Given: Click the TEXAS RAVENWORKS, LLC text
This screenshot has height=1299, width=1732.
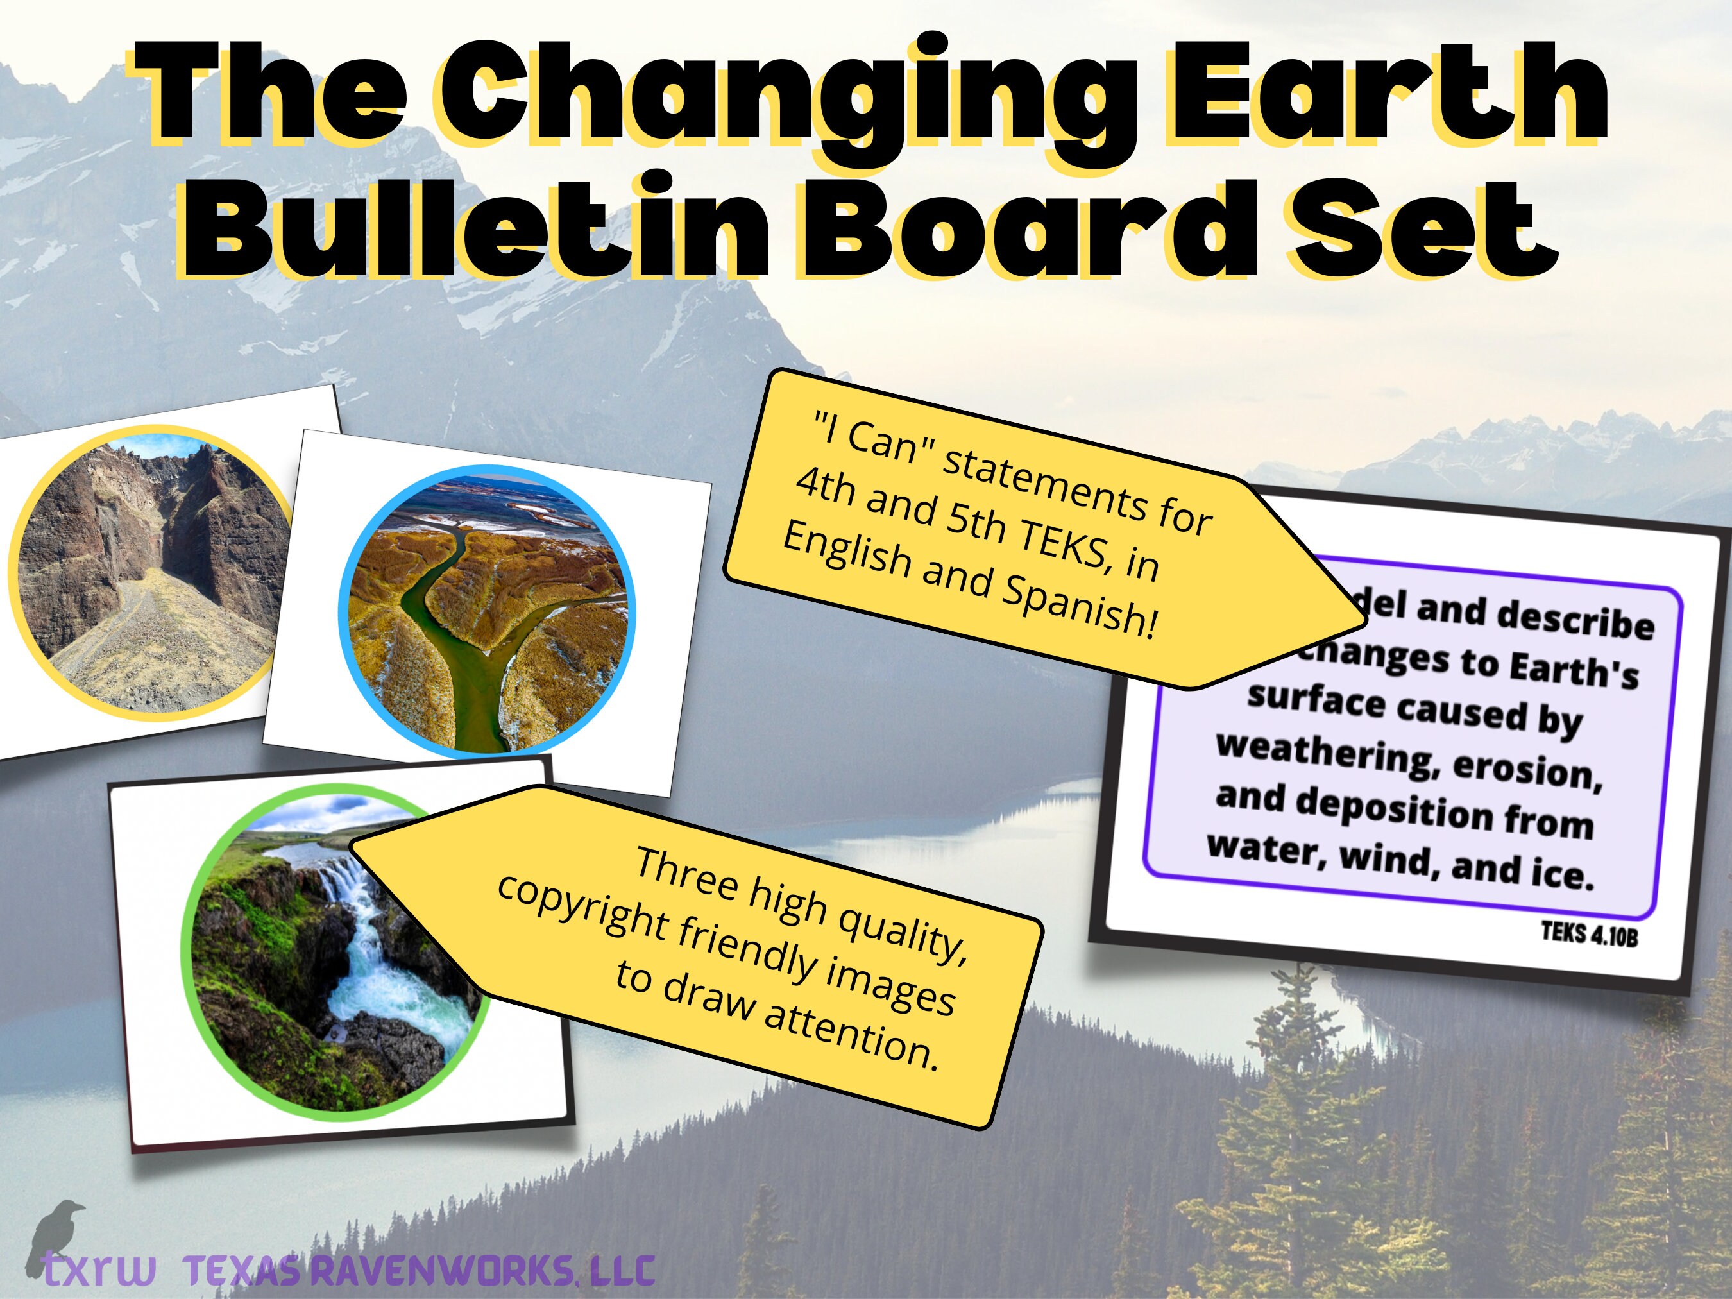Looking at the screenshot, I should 419,1271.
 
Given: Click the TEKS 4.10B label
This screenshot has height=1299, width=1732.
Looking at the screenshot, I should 1589,934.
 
